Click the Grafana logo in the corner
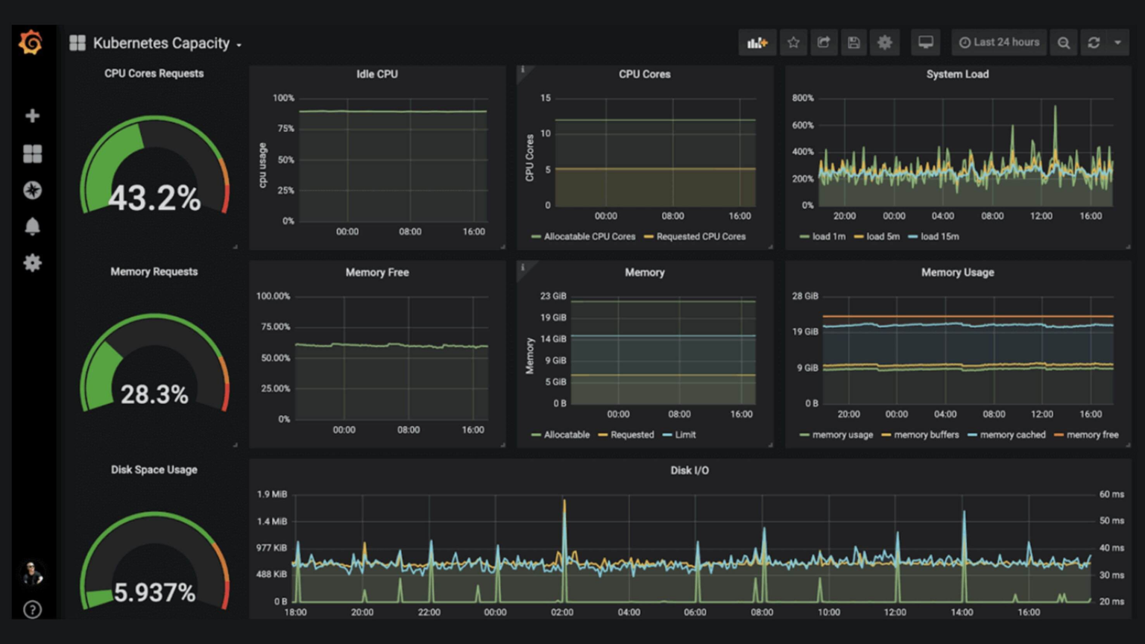pos(31,42)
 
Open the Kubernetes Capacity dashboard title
pos(160,43)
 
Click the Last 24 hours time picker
pos(999,42)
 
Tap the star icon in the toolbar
pos(793,42)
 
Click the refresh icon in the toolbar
pos(1094,42)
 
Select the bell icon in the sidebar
pos(32,227)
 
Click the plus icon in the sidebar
pos(32,116)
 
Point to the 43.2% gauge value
pos(154,199)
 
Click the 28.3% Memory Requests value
pos(154,394)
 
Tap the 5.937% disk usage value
pos(154,593)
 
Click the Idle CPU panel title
pos(376,74)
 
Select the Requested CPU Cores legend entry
pos(700,236)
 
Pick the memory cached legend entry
pos(1012,435)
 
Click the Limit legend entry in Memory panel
pos(684,435)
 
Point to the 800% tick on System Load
pos(803,98)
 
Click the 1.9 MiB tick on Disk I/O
pos(272,494)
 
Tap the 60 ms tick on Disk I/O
pos(1111,494)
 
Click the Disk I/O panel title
pos(690,470)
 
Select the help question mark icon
pos(32,610)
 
